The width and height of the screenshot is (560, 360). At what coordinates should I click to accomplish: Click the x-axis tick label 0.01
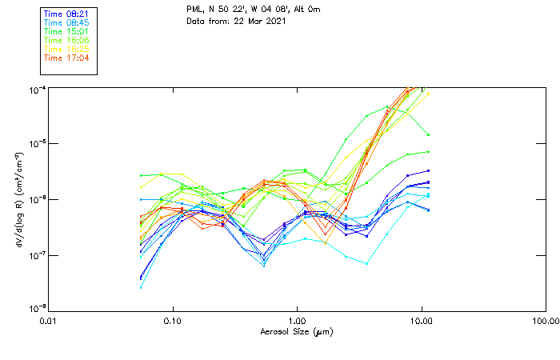47,322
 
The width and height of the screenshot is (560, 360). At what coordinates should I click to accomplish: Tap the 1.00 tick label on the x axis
297,322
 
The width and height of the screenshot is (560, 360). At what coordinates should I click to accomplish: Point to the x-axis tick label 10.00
421,322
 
